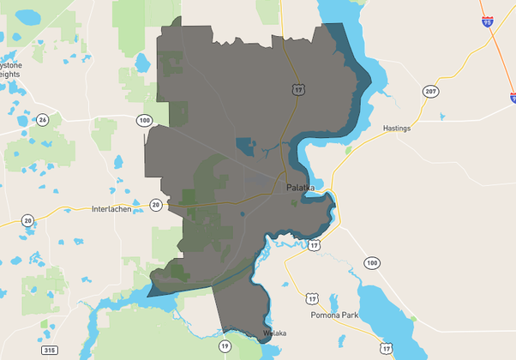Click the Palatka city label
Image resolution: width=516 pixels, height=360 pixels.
click(x=300, y=188)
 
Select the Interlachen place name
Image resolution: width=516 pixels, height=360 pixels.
click(x=111, y=209)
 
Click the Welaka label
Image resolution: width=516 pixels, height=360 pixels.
click(x=274, y=333)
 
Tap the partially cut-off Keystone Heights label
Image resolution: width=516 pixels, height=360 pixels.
click(x=11, y=69)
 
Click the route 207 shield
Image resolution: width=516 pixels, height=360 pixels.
click(x=430, y=91)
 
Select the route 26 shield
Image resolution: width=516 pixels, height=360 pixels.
click(x=42, y=119)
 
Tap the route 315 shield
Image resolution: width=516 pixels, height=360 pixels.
click(x=49, y=351)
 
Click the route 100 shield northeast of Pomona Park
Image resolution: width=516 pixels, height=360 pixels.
click(x=371, y=262)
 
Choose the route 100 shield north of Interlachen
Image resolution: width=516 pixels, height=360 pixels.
click(x=144, y=120)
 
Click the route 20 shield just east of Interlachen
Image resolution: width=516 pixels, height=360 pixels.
click(x=155, y=205)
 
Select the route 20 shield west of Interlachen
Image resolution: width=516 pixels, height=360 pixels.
click(x=28, y=221)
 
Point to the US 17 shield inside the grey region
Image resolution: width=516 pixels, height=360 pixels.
click(x=297, y=89)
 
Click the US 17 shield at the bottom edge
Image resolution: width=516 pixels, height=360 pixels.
click(x=387, y=349)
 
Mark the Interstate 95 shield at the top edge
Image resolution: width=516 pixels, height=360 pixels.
click(x=487, y=22)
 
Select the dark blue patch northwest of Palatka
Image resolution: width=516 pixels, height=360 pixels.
click(x=248, y=147)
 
